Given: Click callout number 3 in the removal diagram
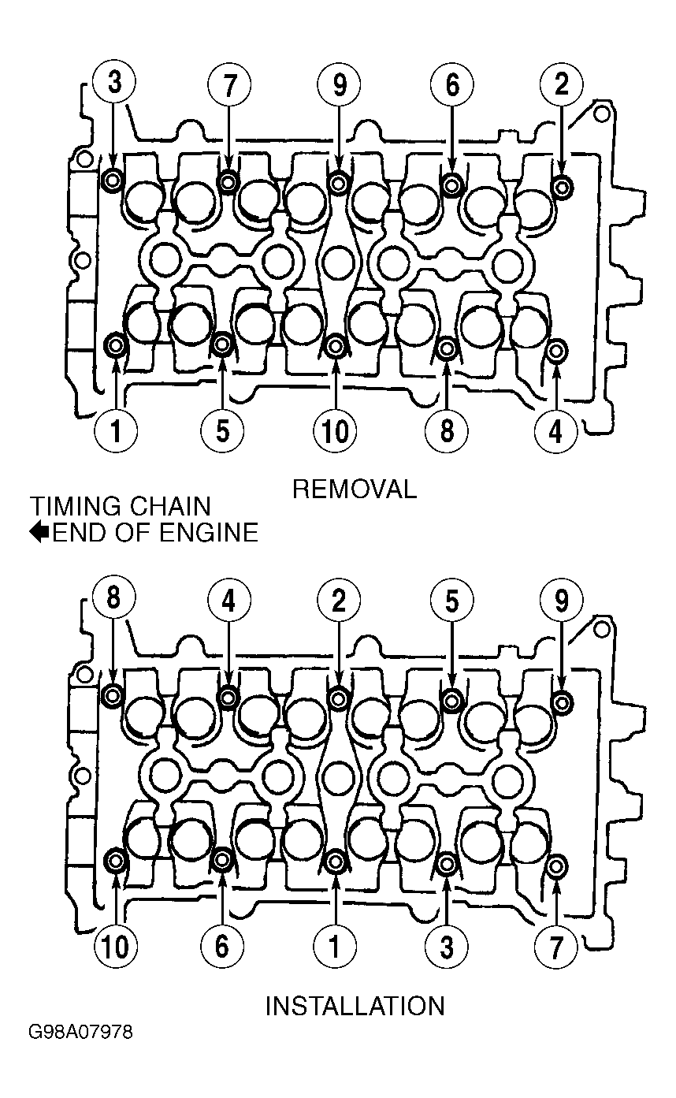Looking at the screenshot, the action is [113, 84].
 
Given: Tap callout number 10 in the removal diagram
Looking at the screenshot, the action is [335, 431].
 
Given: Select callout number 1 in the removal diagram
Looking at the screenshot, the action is [115, 431].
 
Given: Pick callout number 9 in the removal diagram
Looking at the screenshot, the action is [339, 85].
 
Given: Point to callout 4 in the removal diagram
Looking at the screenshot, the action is [555, 432].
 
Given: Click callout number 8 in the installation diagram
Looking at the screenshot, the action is [113, 600].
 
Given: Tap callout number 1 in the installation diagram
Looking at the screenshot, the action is [335, 946].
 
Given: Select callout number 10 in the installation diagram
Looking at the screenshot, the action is [116, 946].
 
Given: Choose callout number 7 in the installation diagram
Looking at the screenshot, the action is [555, 947].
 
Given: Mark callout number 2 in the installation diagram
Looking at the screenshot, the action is [339, 600].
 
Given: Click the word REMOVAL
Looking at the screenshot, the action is [355, 489].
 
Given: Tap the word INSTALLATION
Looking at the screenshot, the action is [355, 1006].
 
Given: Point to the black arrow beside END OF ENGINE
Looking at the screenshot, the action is [39, 532].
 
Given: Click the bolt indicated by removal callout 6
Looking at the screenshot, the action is [451, 184].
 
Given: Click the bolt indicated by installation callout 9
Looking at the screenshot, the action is [562, 703].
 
